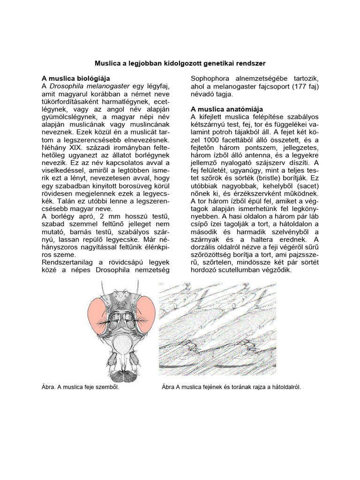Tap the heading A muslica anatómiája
coord(227,109)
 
